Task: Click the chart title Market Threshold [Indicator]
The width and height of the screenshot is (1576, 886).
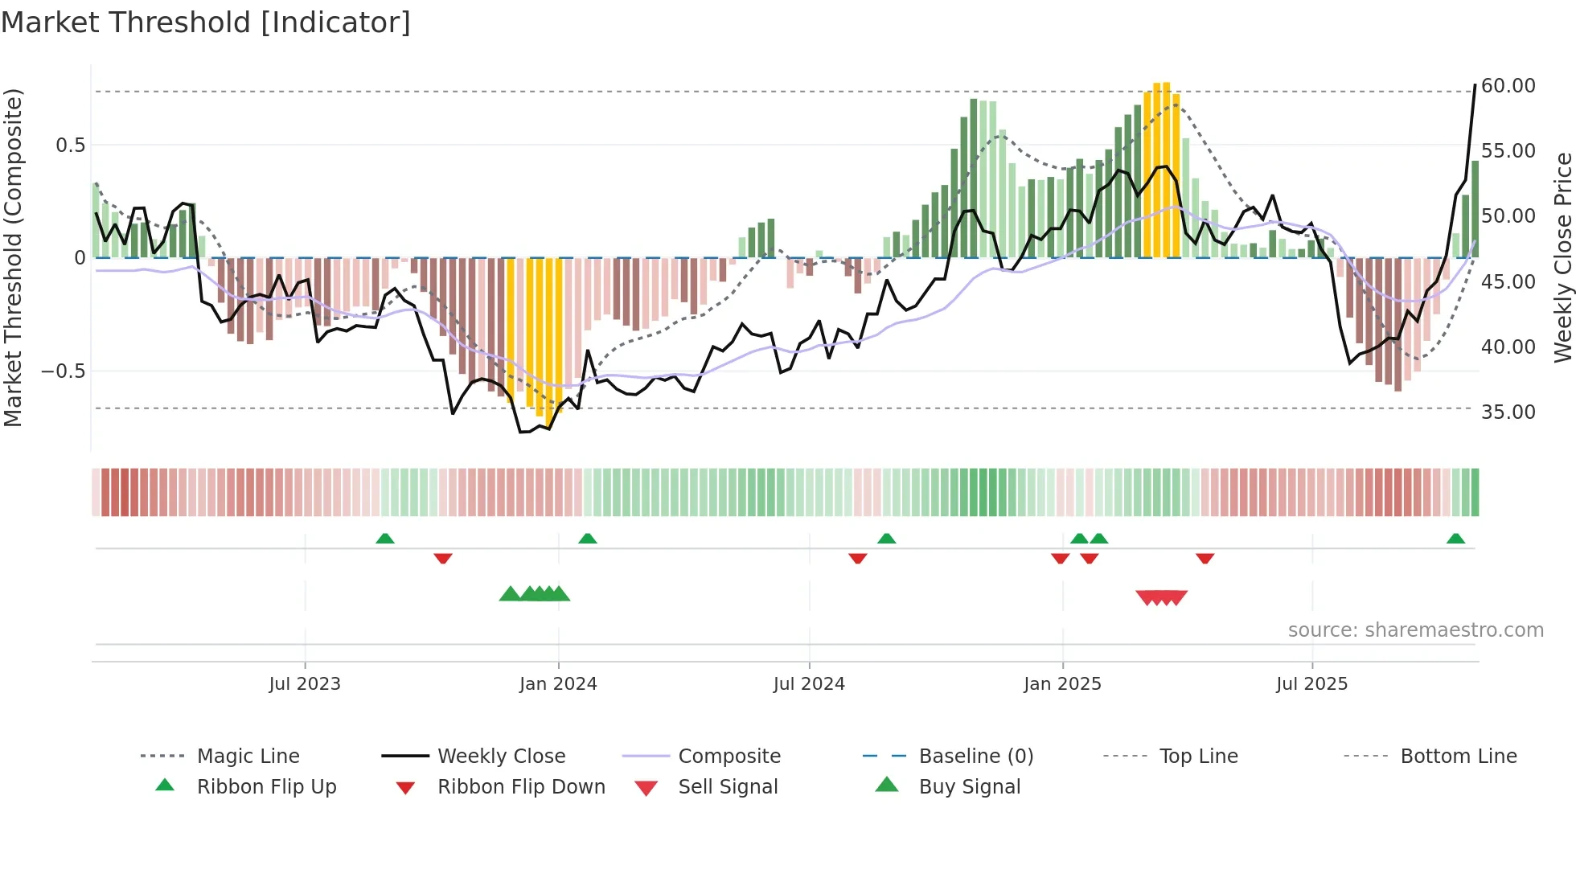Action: pyautogui.click(x=206, y=23)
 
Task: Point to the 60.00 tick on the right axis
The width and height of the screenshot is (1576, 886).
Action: pyautogui.click(x=1508, y=86)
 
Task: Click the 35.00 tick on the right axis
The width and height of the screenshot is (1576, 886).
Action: pyautogui.click(x=1508, y=412)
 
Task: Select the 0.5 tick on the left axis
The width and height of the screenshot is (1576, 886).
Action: pyautogui.click(x=70, y=146)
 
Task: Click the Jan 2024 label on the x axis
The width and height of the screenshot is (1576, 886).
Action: pyautogui.click(x=558, y=684)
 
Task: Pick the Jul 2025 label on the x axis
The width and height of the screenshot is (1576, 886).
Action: pyautogui.click(x=1311, y=684)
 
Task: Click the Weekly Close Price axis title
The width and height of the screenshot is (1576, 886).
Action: pyautogui.click(x=1562, y=257)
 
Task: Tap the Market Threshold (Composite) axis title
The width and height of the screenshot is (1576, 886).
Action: pyautogui.click(x=13, y=257)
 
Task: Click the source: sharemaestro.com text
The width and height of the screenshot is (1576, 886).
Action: pyautogui.click(x=1415, y=630)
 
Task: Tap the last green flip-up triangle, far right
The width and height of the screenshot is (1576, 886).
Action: pyautogui.click(x=1455, y=539)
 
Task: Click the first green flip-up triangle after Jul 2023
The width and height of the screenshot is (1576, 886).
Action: pyautogui.click(x=385, y=539)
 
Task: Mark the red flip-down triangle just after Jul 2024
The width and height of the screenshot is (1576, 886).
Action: pyautogui.click(x=858, y=558)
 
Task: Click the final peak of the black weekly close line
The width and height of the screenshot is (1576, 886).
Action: pyautogui.click(x=1475, y=85)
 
